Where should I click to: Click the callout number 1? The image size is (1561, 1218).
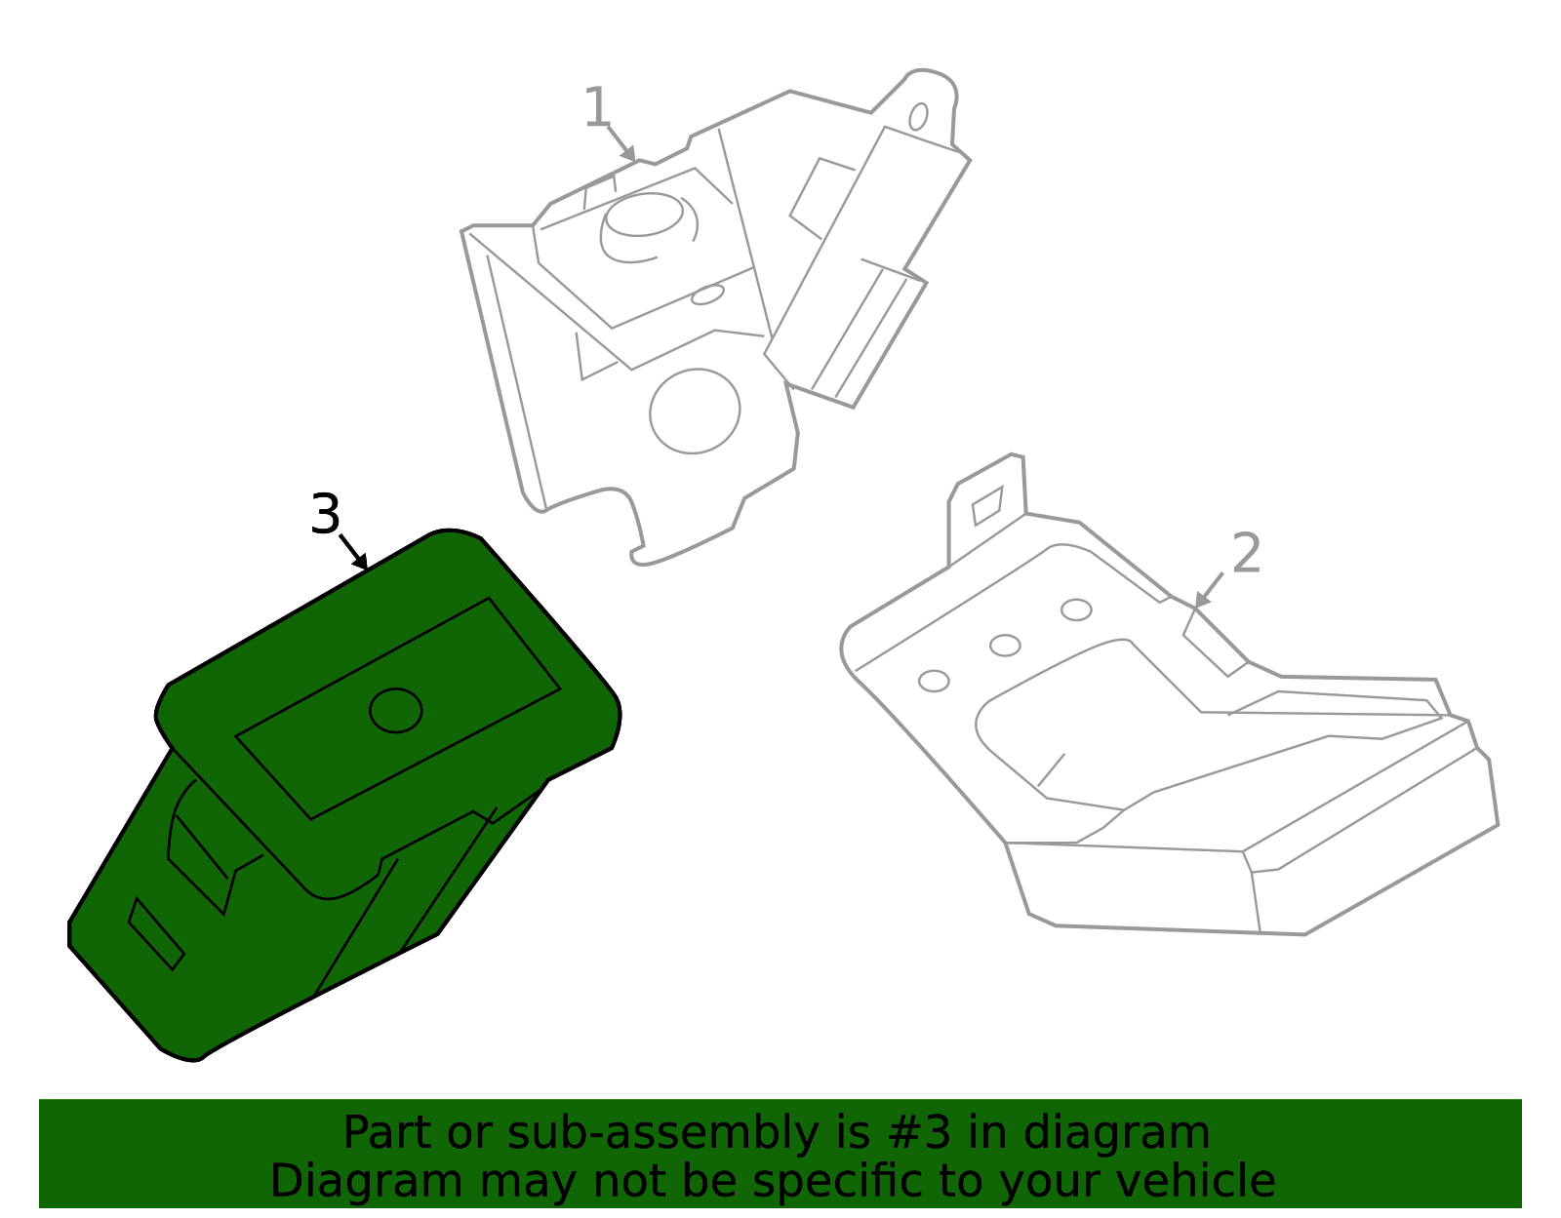click(596, 107)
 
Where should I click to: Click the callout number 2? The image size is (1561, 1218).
click(1246, 554)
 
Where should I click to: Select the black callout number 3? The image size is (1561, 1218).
click(325, 514)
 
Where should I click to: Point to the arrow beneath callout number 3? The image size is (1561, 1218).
click(354, 552)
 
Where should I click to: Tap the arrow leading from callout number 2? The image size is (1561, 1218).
click(1209, 590)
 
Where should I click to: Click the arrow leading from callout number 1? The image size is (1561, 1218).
click(621, 144)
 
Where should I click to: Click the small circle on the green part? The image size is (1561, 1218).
click(396, 710)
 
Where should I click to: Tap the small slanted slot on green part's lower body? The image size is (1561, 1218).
click(156, 933)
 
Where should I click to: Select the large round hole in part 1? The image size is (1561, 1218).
click(695, 411)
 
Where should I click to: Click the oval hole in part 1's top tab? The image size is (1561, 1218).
click(918, 117)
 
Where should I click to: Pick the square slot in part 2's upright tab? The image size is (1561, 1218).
click(987, 505)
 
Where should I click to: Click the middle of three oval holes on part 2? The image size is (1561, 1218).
click(1005, 646)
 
